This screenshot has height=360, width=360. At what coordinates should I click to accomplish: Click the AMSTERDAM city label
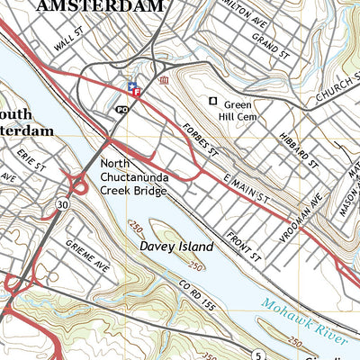coord(100,6)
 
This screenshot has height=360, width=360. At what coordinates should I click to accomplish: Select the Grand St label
coord(269,45)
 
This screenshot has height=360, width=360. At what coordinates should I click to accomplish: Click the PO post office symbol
coord(122,109)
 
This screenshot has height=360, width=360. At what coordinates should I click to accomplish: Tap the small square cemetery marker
coord(213,102)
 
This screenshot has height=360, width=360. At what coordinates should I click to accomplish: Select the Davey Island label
coord(176,246)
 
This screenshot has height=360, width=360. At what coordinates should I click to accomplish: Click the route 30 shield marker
coord(61,205)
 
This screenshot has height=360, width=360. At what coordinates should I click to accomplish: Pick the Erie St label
coord(24,158)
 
